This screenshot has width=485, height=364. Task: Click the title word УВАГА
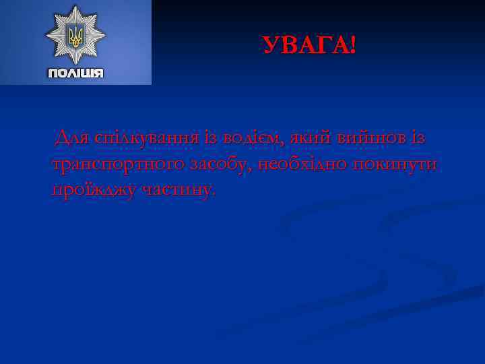[x=304, y=46]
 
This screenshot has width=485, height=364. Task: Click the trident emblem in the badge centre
[x=75, y=35]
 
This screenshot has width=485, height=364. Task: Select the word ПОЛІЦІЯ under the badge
[x=75, y=73]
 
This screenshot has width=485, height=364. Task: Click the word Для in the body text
[x=72, y=138]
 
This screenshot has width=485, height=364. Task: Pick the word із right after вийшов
[x=418, y=138]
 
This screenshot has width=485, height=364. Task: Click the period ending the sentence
[x=215, y=195]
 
